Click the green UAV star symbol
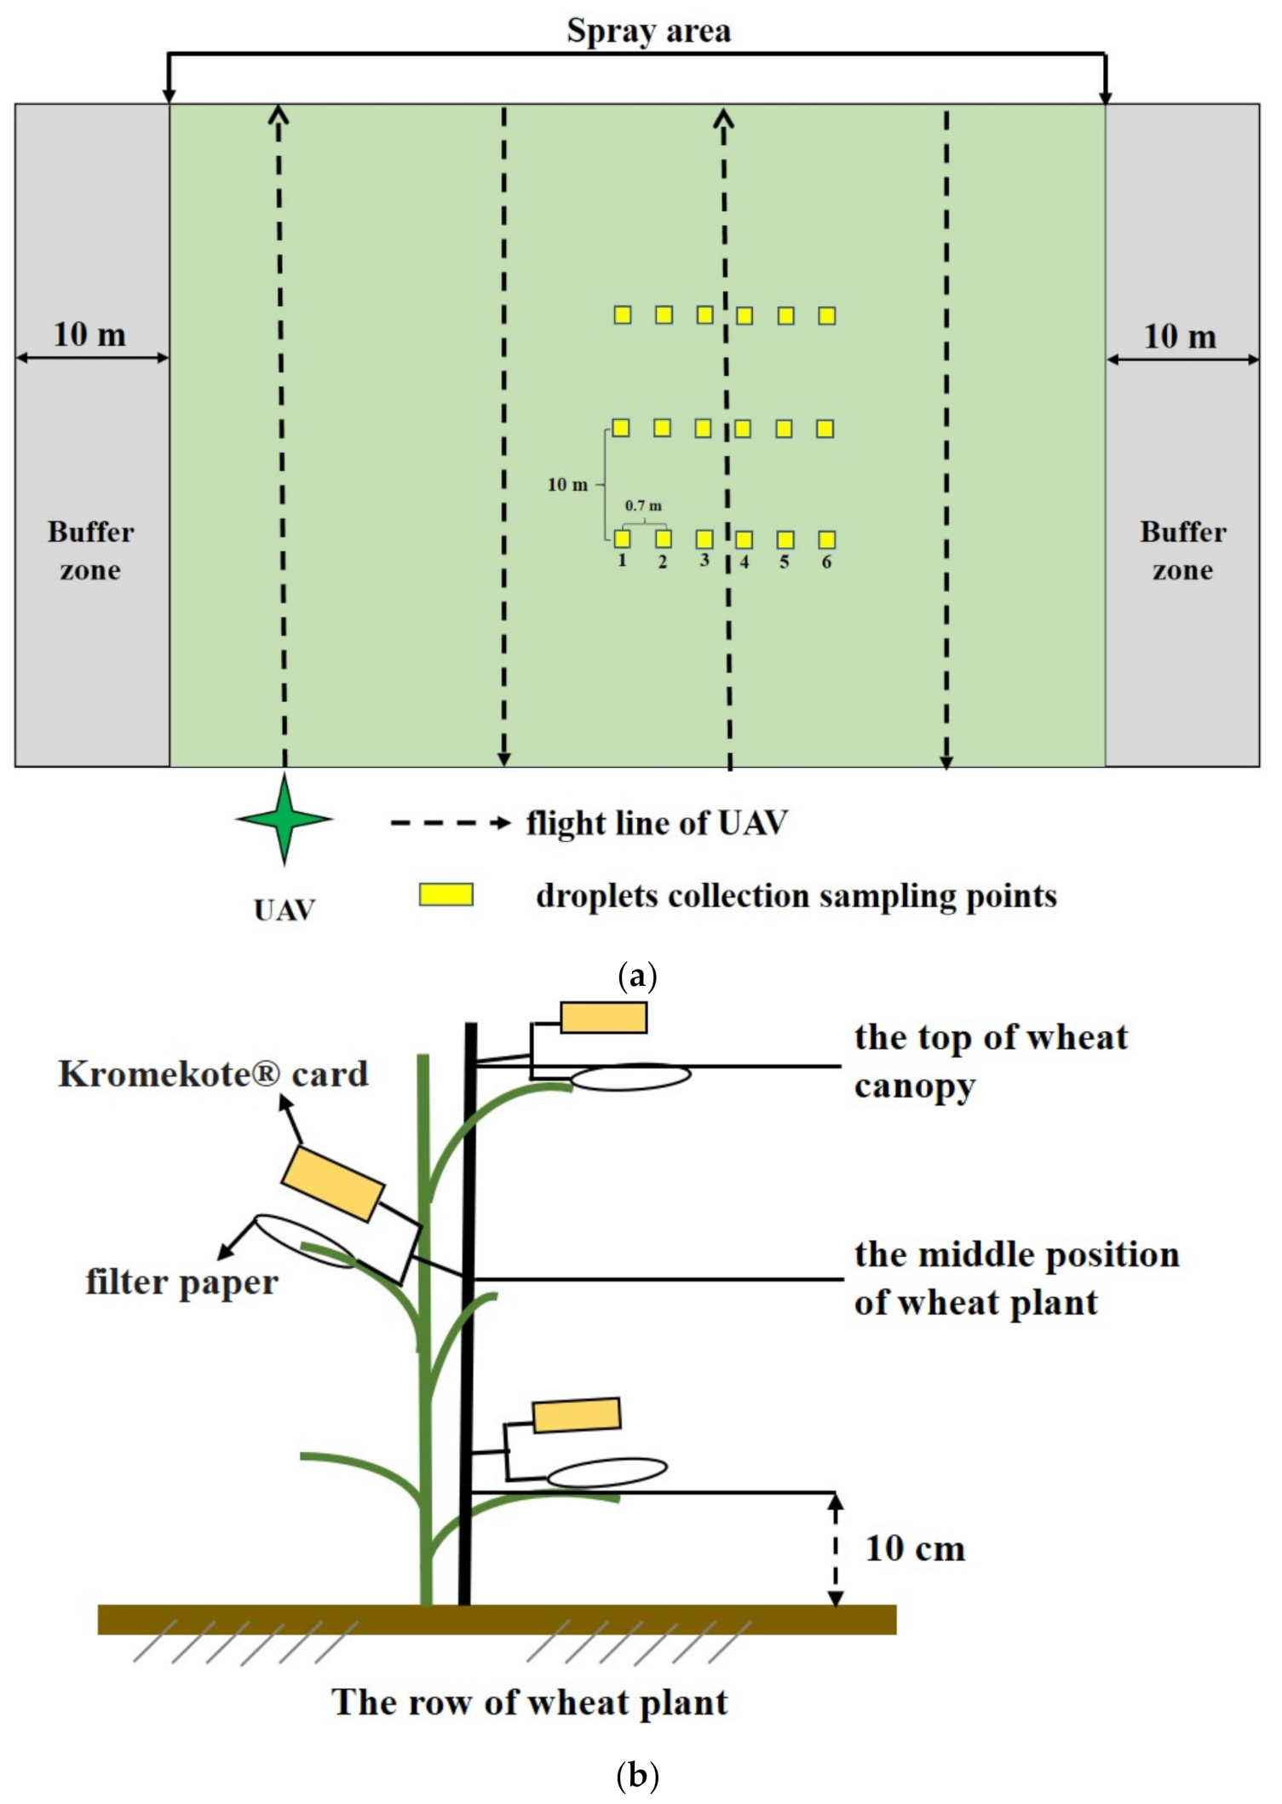point(285,819)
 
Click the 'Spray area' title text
point(648,32)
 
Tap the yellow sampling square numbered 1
point(623,539)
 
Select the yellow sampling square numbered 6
point(826,539)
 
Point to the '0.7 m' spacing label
point(643,505)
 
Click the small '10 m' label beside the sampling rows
point(567,485)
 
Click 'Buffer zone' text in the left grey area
point(90,550)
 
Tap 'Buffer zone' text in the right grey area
point(1182,550)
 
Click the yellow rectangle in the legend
point(446,895)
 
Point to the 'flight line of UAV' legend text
point(657,823)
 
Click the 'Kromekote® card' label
point(213,1074)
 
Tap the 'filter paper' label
point(181,1282)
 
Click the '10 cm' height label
point(916,1548)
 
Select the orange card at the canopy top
point(603,1017)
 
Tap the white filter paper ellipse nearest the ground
point(607,1473)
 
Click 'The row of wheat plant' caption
point(529,1703)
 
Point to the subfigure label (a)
point(637,975)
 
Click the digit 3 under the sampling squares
point(704,561)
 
